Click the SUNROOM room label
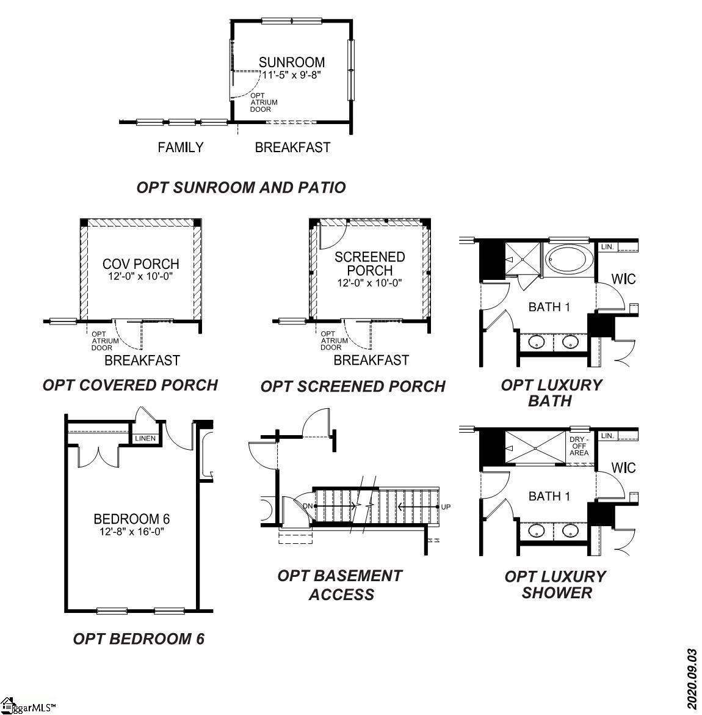click(291, 62)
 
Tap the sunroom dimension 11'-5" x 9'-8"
click(291, 75)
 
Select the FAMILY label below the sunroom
click(180, 147)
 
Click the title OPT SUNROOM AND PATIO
click(241, 188)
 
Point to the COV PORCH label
click(141, 264)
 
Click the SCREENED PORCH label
click(369, 263)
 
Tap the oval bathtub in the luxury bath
click(568, 260)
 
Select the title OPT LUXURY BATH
click(551, 393)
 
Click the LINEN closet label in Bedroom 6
click(145, 439)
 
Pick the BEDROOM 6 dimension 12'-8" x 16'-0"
click(132, 531)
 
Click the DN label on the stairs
click(308, 505)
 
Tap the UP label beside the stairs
click(446, 507)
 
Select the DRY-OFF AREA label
click(579, 446)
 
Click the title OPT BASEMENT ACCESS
click(341, 585)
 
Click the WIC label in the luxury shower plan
click(623, 468)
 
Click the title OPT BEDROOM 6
click(139, 639)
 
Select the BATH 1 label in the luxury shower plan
click(549, 496)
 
